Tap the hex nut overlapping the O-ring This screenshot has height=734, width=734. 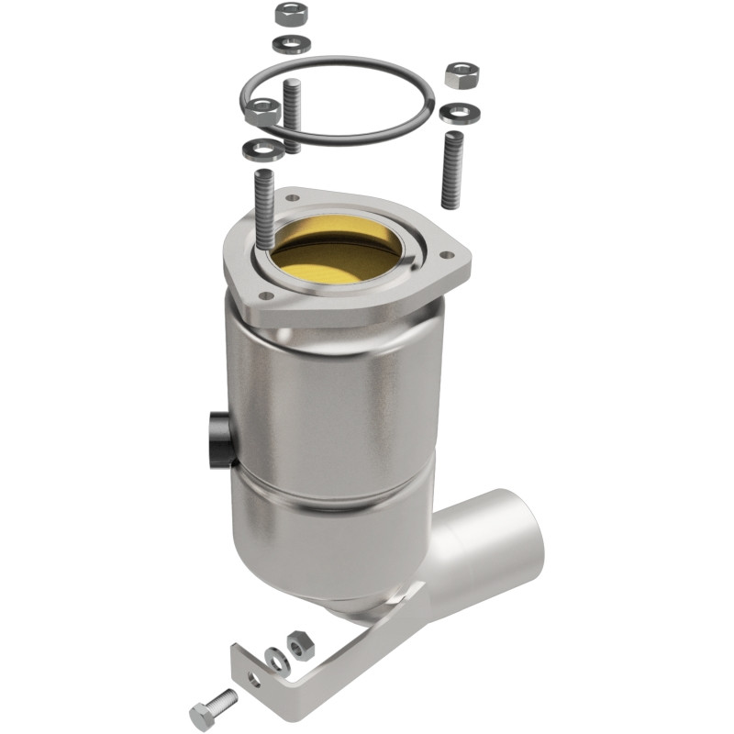[x=262, y=112]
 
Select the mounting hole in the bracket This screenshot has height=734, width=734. [x=252, y=680]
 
